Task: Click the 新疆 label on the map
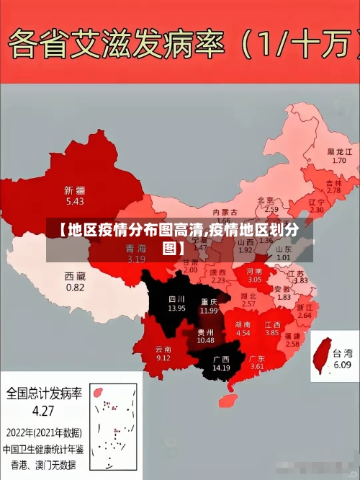(x=74, y=190)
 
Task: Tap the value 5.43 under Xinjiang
(x=74, y=201)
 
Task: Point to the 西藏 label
(x=75, y=276)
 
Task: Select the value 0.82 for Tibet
(x=75, y=287)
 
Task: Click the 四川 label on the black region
(x=176, y=298)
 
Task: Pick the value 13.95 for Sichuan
(x=176, y=308)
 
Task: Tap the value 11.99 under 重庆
(x=209, y=311)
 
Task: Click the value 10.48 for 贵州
(x=205, y=340)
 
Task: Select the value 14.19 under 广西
(x=221, y=368)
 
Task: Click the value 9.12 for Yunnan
(x=163, y=358)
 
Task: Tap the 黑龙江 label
(x=339, y=152)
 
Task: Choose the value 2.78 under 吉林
(x=333, y=191)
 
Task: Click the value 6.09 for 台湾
(x=341, y=365)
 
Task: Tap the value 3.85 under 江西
(x=271, y=334)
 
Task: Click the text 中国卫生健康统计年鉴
(x=43, y=448)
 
